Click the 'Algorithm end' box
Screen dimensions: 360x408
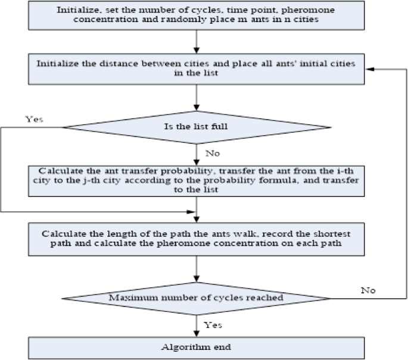196,346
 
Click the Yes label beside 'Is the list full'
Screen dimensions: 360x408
34,119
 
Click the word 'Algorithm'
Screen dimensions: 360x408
179,346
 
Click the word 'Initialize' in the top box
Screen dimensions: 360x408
74,11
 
